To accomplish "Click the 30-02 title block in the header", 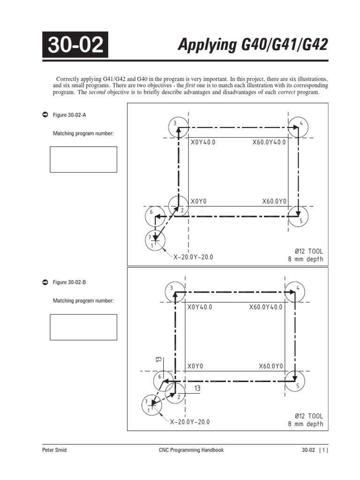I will pyautogui.click(x=75, y=45).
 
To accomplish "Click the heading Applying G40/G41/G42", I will pyautogui.click(x=253, y=45).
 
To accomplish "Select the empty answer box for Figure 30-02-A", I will pyautogui.click(x=83, y=159).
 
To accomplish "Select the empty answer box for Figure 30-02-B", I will pyautogui.click(x=83, y=327).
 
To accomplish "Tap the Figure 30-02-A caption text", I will pyautogui.click(x=69, y=115).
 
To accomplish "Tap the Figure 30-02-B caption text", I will pyautogui.click(x=69, y=282).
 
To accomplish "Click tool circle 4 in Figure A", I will pyautogui.click(x=299, y=127).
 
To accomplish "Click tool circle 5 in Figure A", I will pyautogui.click(x=299, y=217).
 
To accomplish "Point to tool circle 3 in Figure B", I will pyautogui.click(x=174, y=291).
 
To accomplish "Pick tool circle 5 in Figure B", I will pyautogui.click(x=295, y=381).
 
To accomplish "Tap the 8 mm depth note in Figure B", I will pyautogui.click(x=306, y=424).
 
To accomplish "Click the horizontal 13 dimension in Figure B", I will pyautogui.click(x=197, y=388).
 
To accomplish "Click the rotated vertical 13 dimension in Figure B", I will pyautogui.click(x=159, y=359).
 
